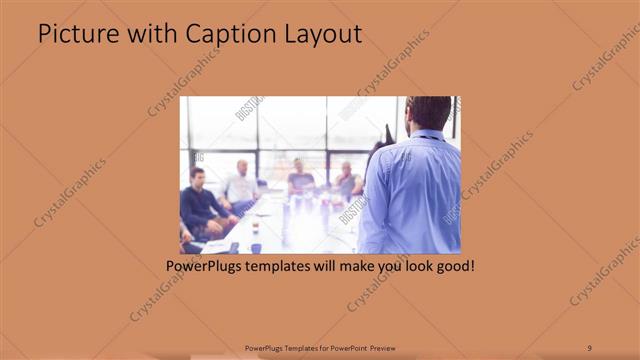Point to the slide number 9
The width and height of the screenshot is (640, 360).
point(589,347)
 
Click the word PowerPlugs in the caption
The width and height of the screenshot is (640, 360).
point(204,268)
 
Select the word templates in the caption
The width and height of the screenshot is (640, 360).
point(285,268)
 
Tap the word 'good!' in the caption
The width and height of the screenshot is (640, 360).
point(452,268)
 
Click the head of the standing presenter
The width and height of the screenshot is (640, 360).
point(428,112)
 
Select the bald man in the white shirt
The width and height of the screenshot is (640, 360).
point(242,184)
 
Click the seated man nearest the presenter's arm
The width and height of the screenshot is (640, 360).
point(347,181)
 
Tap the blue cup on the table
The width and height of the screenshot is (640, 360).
point(256,246)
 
